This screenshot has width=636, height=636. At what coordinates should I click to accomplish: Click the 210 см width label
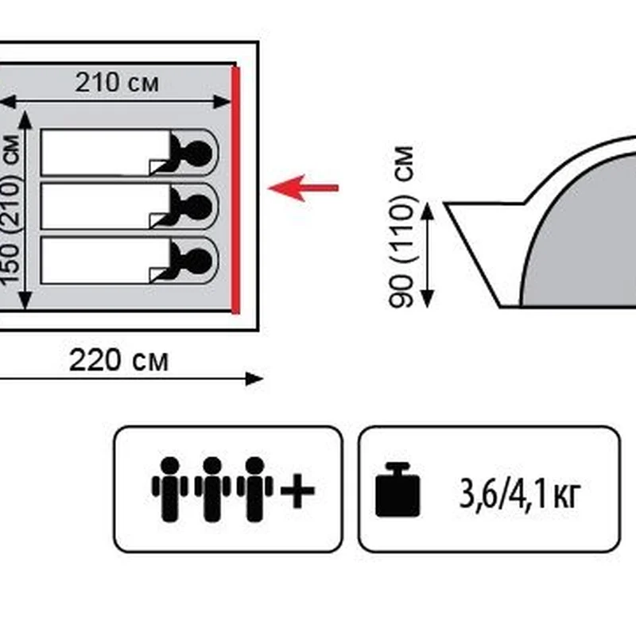pos(117,82)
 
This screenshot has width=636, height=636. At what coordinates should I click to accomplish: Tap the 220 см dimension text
pos(118,361)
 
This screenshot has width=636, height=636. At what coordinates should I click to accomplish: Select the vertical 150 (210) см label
pos(10,210)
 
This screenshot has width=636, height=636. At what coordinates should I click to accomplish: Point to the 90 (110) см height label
pos(403,226)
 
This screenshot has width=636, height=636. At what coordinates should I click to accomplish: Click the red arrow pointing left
pos(303,188)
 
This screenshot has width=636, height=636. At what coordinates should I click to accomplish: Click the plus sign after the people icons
pos(297,491)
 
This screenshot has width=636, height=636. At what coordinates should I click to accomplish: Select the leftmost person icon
pos(169,488)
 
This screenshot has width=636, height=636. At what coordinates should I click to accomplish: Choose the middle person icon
pos(212,488)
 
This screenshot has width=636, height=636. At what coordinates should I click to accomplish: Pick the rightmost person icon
pos(255,488)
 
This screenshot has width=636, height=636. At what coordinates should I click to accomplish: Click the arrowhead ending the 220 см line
pos(255,378)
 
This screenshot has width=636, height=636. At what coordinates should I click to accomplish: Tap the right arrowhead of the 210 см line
pos(223,101)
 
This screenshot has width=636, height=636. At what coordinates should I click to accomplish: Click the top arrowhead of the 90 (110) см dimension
pos(428,210)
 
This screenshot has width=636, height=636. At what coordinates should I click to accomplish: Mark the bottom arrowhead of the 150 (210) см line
pos(25,301)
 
